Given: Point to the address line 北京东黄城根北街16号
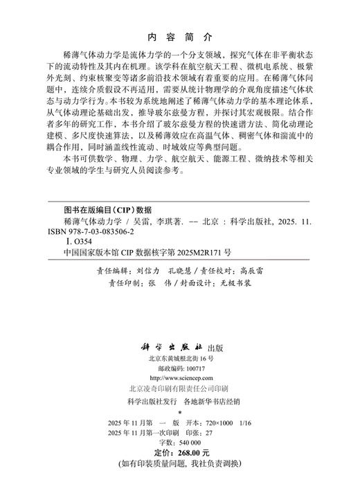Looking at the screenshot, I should (180, 359).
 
